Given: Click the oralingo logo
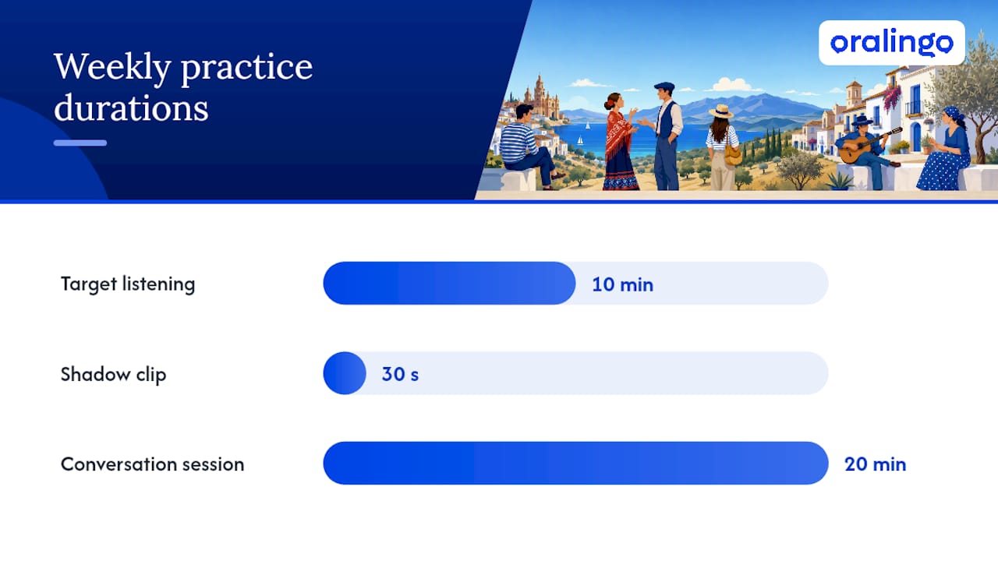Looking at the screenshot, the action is (891, 43).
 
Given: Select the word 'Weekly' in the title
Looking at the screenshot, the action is (113, 68).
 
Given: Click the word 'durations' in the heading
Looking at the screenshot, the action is (131, 108).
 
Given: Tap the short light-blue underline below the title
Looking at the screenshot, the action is (80, 143).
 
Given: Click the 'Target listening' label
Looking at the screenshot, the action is (128, 284).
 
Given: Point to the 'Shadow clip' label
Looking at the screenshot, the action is (113, 375).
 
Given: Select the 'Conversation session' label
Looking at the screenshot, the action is (152, 464).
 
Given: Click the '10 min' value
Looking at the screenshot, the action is (622, 284).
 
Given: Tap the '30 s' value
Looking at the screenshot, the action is (400, 374).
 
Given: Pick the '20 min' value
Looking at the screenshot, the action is (875, 464).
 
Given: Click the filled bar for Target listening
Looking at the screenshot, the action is (449, 283).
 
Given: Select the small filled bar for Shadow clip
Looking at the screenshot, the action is (345, 373).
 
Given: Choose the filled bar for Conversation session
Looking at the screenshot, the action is (575, 463).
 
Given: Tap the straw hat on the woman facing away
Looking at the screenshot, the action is (721, 111).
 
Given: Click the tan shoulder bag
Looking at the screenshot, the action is (732, 154).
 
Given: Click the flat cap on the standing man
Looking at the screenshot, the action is (664, 86).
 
